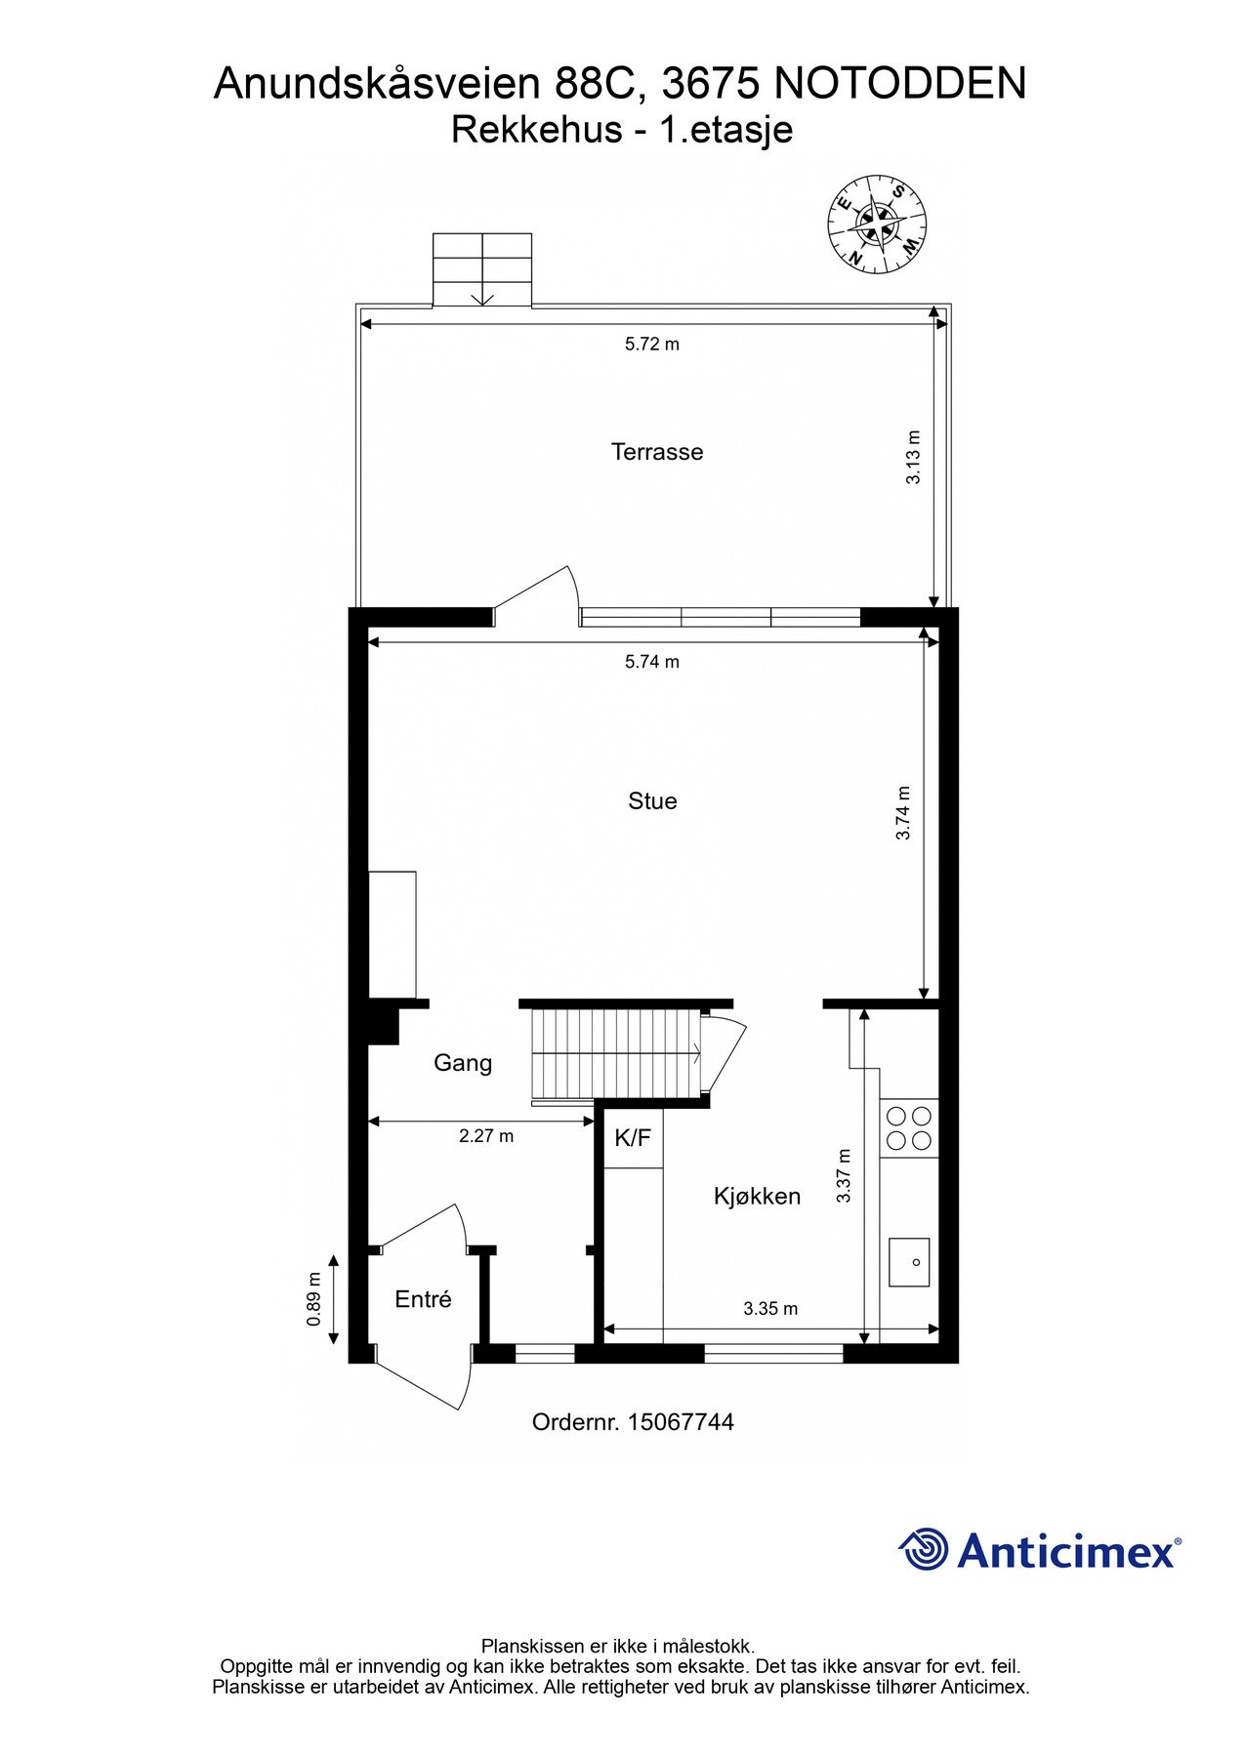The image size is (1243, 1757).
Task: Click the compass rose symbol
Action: coord(877,225)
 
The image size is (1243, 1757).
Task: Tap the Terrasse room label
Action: coord(657,452)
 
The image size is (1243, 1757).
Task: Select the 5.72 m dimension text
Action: coord(652,344)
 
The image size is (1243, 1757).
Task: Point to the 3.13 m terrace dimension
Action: coord(914,458)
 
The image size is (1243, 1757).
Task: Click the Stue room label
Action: coord(652,801)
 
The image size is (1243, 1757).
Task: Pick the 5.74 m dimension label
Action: coord(652,662)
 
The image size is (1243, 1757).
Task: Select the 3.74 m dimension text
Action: coord(904,813)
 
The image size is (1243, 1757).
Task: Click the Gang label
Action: coord(463,1063)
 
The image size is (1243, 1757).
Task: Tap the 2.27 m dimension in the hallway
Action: coord(486,1136)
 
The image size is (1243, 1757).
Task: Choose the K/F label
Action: coord(633,1137)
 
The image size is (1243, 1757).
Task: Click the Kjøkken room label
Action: coord(757,1197)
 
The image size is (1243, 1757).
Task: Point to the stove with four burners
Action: coord(908,1127)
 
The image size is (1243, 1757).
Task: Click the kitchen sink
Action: coord(909,1262)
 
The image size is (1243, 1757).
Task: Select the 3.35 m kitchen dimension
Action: coord(770,1309)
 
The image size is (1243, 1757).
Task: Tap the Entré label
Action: coord(423,1300)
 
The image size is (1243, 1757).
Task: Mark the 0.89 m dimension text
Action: coord(314,1299)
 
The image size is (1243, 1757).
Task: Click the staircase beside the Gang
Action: coord(615,1053)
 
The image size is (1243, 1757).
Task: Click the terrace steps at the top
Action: coord(482,270)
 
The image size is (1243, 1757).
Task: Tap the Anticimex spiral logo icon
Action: coord(923,1550)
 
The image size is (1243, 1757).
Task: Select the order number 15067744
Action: coord(633,1422)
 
